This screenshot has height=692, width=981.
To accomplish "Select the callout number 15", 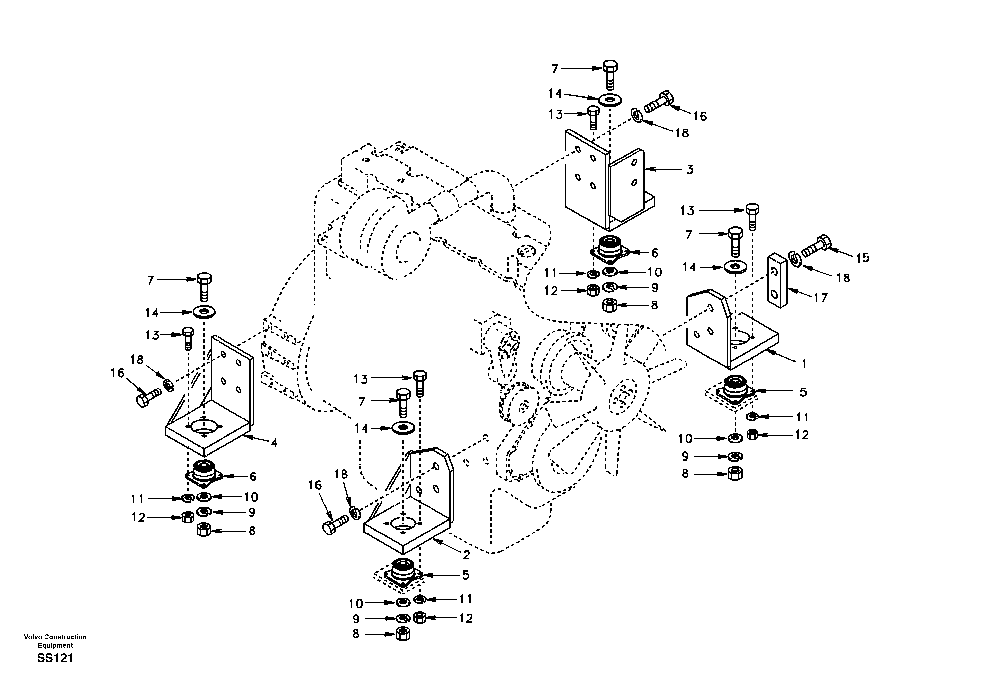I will point(863,258).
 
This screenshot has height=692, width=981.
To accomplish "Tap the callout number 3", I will point(690,170).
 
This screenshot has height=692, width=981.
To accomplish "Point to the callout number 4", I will point(274,443).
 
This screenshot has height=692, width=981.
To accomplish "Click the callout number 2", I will point(466,555).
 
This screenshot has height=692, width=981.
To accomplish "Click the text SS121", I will point(55,658).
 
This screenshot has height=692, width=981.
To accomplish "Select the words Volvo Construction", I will point(55,637).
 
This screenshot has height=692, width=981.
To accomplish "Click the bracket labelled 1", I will point(726,337).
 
